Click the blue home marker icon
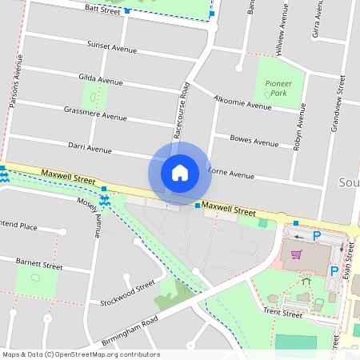pos(179,172)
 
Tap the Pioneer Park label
pos(278,88)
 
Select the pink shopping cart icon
pos(297,254)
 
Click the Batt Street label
pos(102,10)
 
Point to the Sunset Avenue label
pos(113,46)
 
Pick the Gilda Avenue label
pos(101,79)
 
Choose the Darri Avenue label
pos(90,149)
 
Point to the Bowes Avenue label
pos(254,140)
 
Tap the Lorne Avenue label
pos(231,174)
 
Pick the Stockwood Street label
pos(128,294)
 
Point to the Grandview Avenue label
pos(338,104)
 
